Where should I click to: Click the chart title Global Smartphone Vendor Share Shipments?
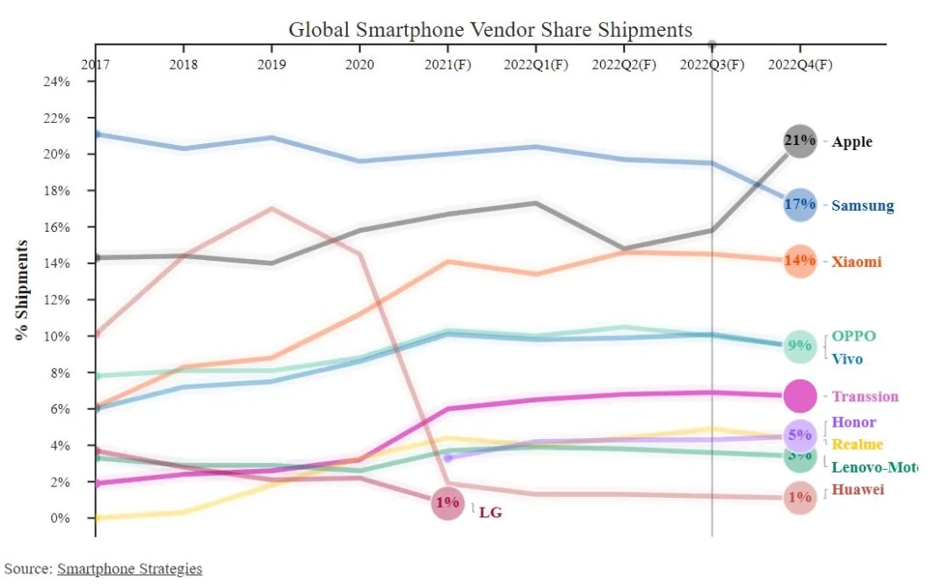coord(490,30)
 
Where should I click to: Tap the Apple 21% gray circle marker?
coord(800,141)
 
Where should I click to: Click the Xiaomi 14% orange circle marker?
coord(800,261)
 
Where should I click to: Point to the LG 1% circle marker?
coord(447,504)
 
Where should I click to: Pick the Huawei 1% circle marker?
coord(800,497)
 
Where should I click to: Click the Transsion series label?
coord(865,397)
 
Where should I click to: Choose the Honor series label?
coord(853,423)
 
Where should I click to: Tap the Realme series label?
coord(857,444)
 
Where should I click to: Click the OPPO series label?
coord(853,336)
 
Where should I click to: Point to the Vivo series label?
coord(847,359)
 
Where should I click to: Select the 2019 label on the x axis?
coord(272,65)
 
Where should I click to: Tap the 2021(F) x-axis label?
coord(447,65)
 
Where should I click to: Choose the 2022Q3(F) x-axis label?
coord(713,65)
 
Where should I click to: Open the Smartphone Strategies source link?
coord(130,569)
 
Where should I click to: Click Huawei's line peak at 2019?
coord(272,208)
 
